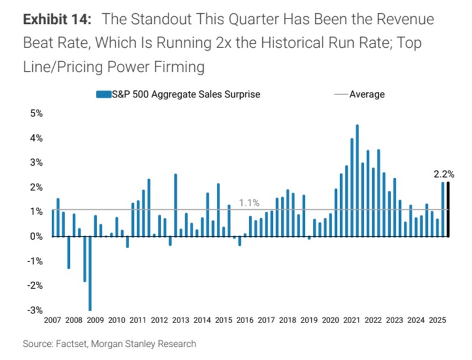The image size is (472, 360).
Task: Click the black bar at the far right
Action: tap(448, 209)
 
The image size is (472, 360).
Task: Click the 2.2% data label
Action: tap(444, 175)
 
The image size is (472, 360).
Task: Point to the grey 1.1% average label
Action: tap(249, 203)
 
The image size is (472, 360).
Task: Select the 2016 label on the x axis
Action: tap(244, 321)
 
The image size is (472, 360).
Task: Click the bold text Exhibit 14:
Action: tap(57, 19)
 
